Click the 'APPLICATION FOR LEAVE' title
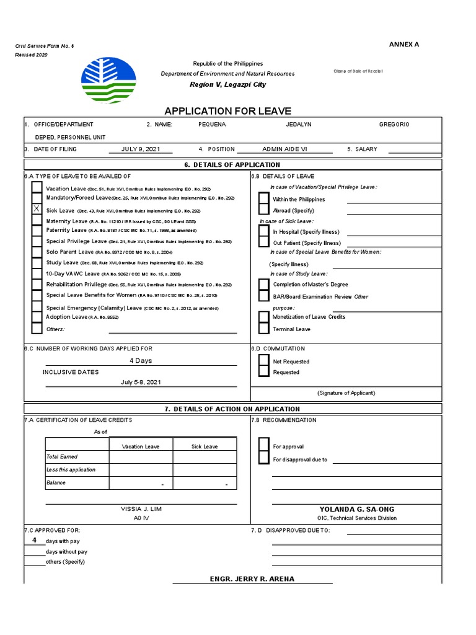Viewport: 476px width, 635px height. point(227,111)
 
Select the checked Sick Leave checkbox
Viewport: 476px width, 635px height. point(37,210)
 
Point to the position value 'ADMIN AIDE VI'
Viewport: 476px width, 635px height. point(284,149)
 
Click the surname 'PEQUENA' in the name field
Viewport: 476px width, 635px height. point(212,125)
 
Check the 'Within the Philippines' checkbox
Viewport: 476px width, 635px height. point(264,199)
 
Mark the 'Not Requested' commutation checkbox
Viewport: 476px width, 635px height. point(264,361)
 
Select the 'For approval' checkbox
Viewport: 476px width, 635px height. point(264,446)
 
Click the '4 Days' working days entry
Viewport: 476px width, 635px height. point(141,360)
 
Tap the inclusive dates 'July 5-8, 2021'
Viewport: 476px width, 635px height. point(141,382)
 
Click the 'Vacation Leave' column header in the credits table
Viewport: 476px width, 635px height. point(141,446)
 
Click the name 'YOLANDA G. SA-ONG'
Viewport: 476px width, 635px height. point(356,509)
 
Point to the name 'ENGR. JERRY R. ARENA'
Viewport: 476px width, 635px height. point(252,579)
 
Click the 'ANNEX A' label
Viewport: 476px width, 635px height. point(404,44)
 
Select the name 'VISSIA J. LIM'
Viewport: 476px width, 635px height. point(141,508)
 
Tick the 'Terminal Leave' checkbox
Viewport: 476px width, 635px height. point(264,329)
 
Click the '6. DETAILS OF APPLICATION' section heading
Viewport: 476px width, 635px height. point(232,164)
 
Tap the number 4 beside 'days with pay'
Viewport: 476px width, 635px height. point(35,540)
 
